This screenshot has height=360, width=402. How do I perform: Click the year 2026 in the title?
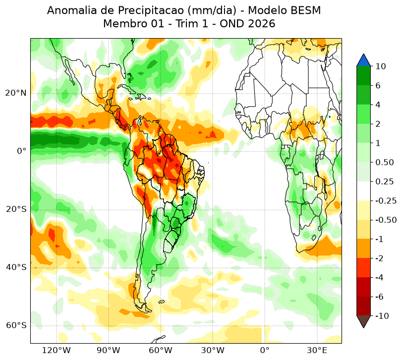[262, 24]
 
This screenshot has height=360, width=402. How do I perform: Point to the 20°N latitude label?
[16, 93]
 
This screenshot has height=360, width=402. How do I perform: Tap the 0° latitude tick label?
[21, 151]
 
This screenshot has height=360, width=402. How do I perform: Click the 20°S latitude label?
[16, 209]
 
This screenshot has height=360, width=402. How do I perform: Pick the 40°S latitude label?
[16, 267]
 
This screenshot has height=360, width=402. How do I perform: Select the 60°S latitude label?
[16, 325]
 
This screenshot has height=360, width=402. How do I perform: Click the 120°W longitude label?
[56, 350]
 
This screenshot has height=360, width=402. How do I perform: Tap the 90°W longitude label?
[108, 350]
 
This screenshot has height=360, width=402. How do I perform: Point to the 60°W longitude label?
[161, 350]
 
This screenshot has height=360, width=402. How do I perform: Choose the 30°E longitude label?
[317, 350]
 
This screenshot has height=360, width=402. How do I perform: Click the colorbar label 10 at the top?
[381, 66]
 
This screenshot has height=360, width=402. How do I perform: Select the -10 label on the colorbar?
[382, 316]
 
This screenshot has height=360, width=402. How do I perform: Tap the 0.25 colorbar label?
[384, 182]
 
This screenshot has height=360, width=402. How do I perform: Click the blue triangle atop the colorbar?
[363, 61]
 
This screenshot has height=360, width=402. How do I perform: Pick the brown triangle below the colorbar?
[363, 321]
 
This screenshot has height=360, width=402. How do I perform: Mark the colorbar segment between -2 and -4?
[363, 268]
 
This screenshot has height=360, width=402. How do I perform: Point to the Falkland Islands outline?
[162, 302]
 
